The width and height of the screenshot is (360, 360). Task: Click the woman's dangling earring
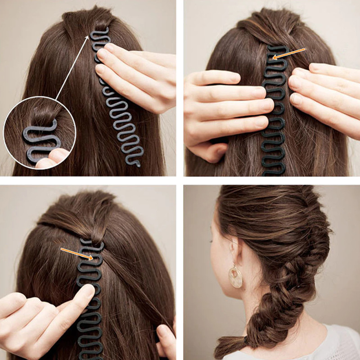[235, 275]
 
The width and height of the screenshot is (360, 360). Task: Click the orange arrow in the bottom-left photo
[77, 253]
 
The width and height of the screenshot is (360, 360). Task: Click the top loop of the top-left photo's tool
[100, 34]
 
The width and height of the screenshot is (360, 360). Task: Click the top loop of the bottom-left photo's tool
[92, 246]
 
